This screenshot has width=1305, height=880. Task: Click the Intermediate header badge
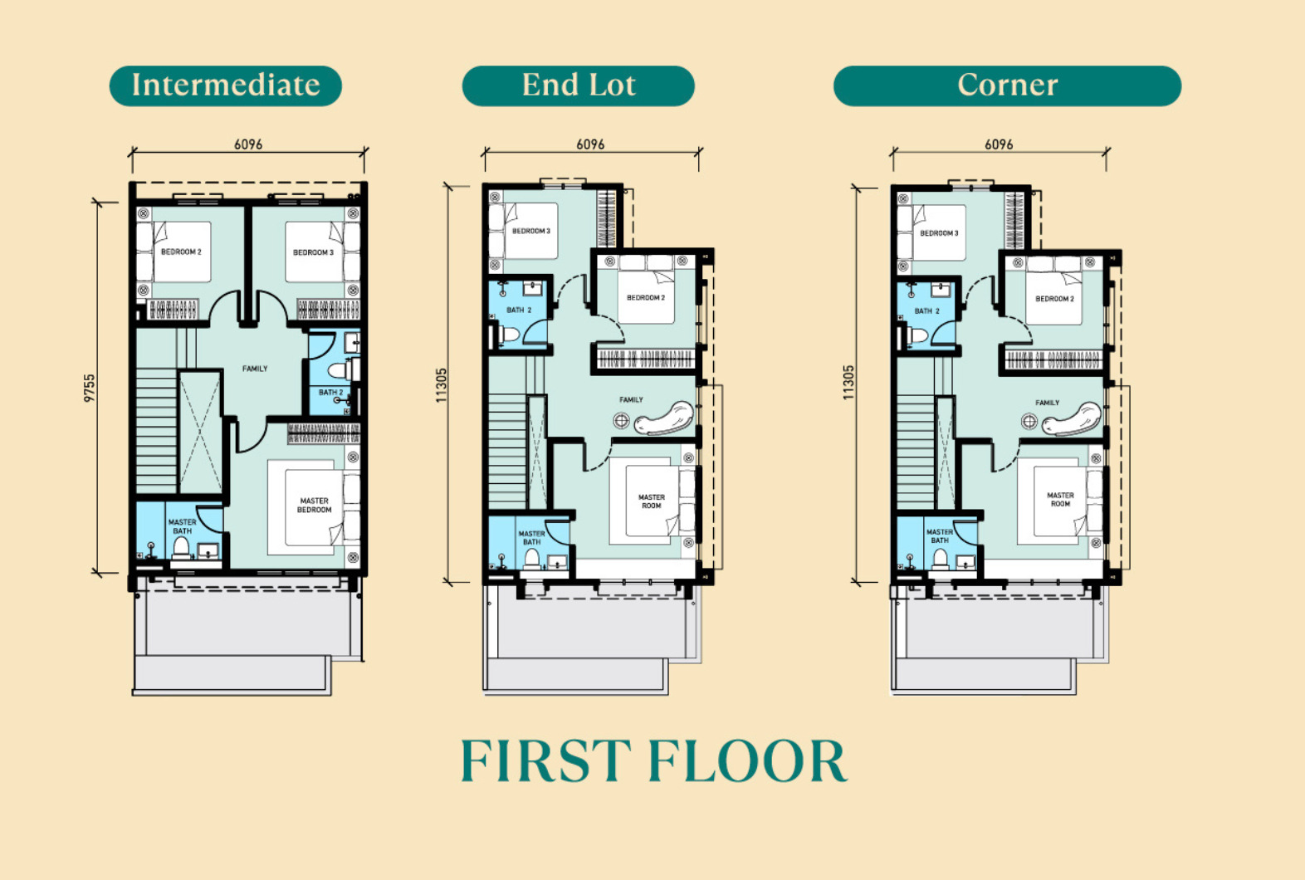click(x=226, y=86)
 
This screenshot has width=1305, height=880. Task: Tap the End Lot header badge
click(x=578, y=86)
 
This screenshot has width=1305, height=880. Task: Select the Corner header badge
click(x=1007, y=86)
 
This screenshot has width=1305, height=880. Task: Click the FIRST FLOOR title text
click(x=653, y=760)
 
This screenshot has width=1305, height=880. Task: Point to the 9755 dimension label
click(x=89, y=388)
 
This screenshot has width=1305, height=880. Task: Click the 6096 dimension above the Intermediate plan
click(x=248, y=144)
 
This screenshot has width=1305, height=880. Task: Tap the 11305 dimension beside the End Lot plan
click(x=441, y=385)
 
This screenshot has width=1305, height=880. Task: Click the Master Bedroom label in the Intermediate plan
click(x=314, y=506)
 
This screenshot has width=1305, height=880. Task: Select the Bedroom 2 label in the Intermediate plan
click(x=181, y=252)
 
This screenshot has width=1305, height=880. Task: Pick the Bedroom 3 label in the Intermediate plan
click(x=314, y=252)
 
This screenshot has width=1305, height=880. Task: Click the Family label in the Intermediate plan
click(x=255, y=369)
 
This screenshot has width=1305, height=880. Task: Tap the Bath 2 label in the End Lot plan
click(x=519, y=310)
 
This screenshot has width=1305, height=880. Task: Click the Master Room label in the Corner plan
click(x=1060, y=500)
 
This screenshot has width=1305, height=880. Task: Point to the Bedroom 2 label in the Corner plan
click(x=1054, y=299)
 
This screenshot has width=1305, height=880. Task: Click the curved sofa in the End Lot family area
click(x=665, y=418)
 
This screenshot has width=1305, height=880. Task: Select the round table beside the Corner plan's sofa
click(x=1029, y=421)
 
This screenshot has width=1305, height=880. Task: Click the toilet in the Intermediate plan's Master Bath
click(x=181, y=548)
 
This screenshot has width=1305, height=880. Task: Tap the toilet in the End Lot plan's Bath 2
click(x=509, y=335)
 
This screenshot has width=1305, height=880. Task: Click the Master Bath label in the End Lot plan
click(x=531, y=538)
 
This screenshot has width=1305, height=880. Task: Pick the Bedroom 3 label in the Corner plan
click(x=939, y=233)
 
